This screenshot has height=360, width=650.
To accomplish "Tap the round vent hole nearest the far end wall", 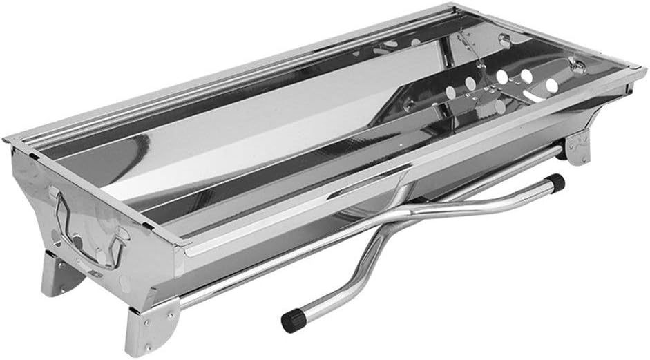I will (551, 85).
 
